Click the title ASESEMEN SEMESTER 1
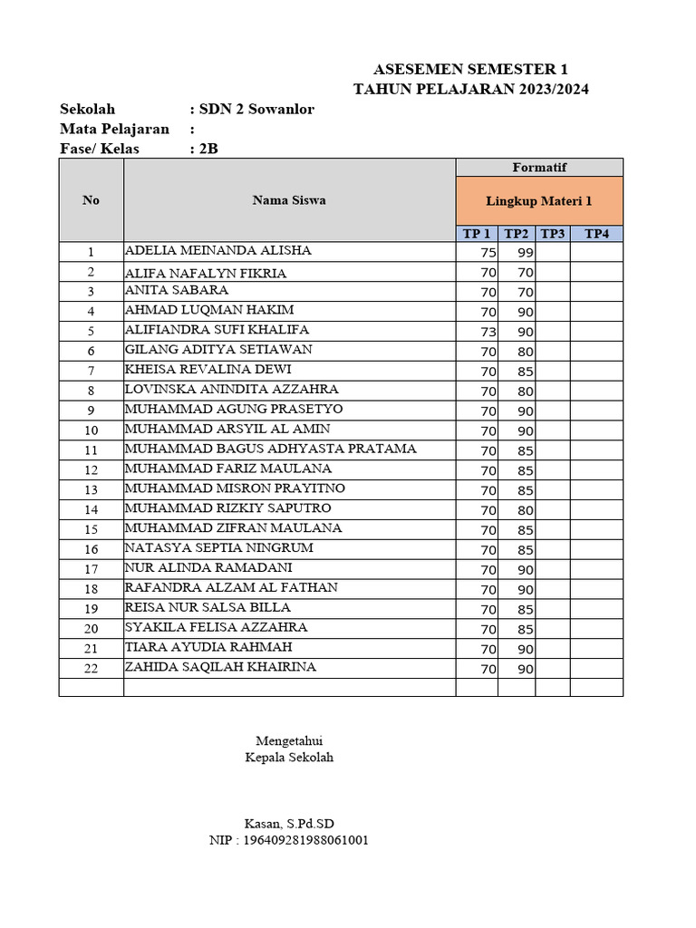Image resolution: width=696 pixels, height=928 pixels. click(x=471, y=70)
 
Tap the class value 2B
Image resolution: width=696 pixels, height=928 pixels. click(x=209, y=149)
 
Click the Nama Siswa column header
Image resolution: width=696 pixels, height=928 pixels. click(x=289, y=200)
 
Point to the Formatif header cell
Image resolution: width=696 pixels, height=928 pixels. click(x=539, y=168)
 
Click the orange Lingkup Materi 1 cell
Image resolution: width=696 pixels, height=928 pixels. click(x=539, y=201)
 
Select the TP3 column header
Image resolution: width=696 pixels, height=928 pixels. click(x=552, y=234)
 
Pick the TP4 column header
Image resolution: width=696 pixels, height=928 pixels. click(x=596, y=234)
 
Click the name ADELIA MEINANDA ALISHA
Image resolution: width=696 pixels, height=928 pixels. click(x=217, y=251)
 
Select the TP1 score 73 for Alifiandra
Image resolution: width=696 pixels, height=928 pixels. click(x=488, y=332)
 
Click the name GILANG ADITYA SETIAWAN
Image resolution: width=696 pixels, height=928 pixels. click(x=218, y=350)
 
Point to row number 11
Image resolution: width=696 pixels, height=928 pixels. click(x=91, y=450)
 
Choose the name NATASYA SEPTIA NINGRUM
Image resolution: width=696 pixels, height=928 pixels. click(x=218, y=548)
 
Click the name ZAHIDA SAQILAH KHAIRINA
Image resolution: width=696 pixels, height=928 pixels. click(x=220, y=667)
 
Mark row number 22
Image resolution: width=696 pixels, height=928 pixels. click(x=91, y=669)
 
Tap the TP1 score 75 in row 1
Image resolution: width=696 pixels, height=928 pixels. click(x=488, y=253)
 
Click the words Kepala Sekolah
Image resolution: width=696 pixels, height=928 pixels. click(x=289, y=758)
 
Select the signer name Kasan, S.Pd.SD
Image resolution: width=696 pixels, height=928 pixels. click(x=289, y=824)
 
